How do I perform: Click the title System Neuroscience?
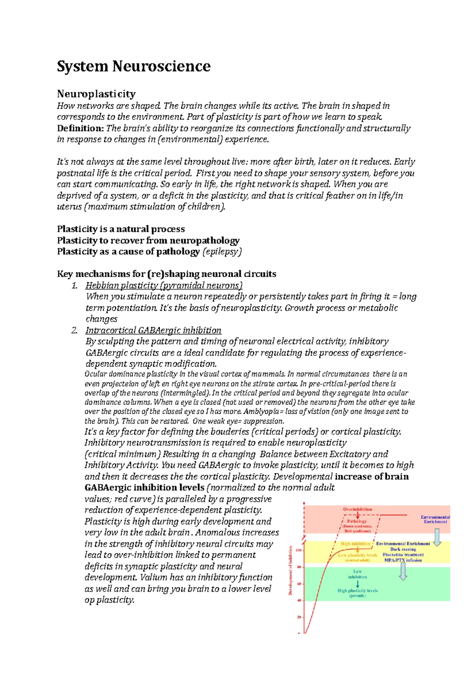[x=133, y=66]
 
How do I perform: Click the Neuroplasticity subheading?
[x=96, y=94]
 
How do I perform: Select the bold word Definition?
[x=80, y=128]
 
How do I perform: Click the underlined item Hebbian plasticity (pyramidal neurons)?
[x=164, y=285]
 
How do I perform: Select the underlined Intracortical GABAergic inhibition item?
[x=153, y=330]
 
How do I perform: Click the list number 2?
[x=74, y=330]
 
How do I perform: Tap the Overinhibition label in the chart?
[x=357, y=509]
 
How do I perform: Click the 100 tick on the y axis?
[x=298, y=551]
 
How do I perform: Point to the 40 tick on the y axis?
[x=299, y=600]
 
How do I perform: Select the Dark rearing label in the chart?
[x=403, y=549]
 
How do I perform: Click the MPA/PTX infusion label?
[x=403, y=560]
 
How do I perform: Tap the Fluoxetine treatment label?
[x=403, y=555]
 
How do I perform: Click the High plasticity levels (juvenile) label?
[x=357, y=593]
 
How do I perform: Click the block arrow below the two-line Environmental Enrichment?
[x=437, y=537]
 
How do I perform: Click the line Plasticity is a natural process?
[x=121, y=229]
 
